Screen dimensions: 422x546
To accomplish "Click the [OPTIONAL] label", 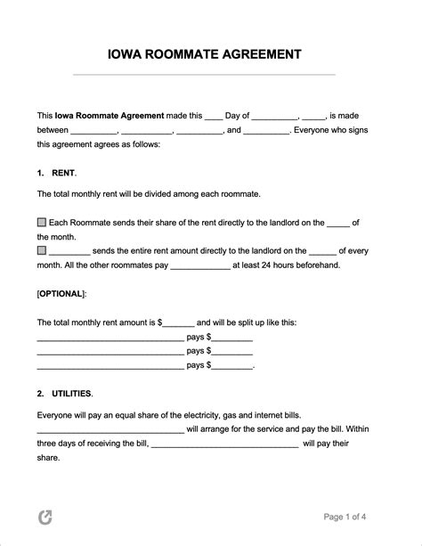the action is pyautogui.click(x=61, y=293).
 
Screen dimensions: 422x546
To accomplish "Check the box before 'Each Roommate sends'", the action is pyautogui.click(x=42, y=221).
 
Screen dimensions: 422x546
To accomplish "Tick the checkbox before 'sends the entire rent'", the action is pyautogui.click(x=42, y=251).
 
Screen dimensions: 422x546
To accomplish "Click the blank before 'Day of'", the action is pyautogui.click(x=213, y=116).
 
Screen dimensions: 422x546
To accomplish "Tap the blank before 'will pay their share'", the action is pyautogui.click(x=224, y=443).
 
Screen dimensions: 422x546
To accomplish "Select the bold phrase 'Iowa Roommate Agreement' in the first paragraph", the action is pyautogui.click(x=110, y=115).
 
